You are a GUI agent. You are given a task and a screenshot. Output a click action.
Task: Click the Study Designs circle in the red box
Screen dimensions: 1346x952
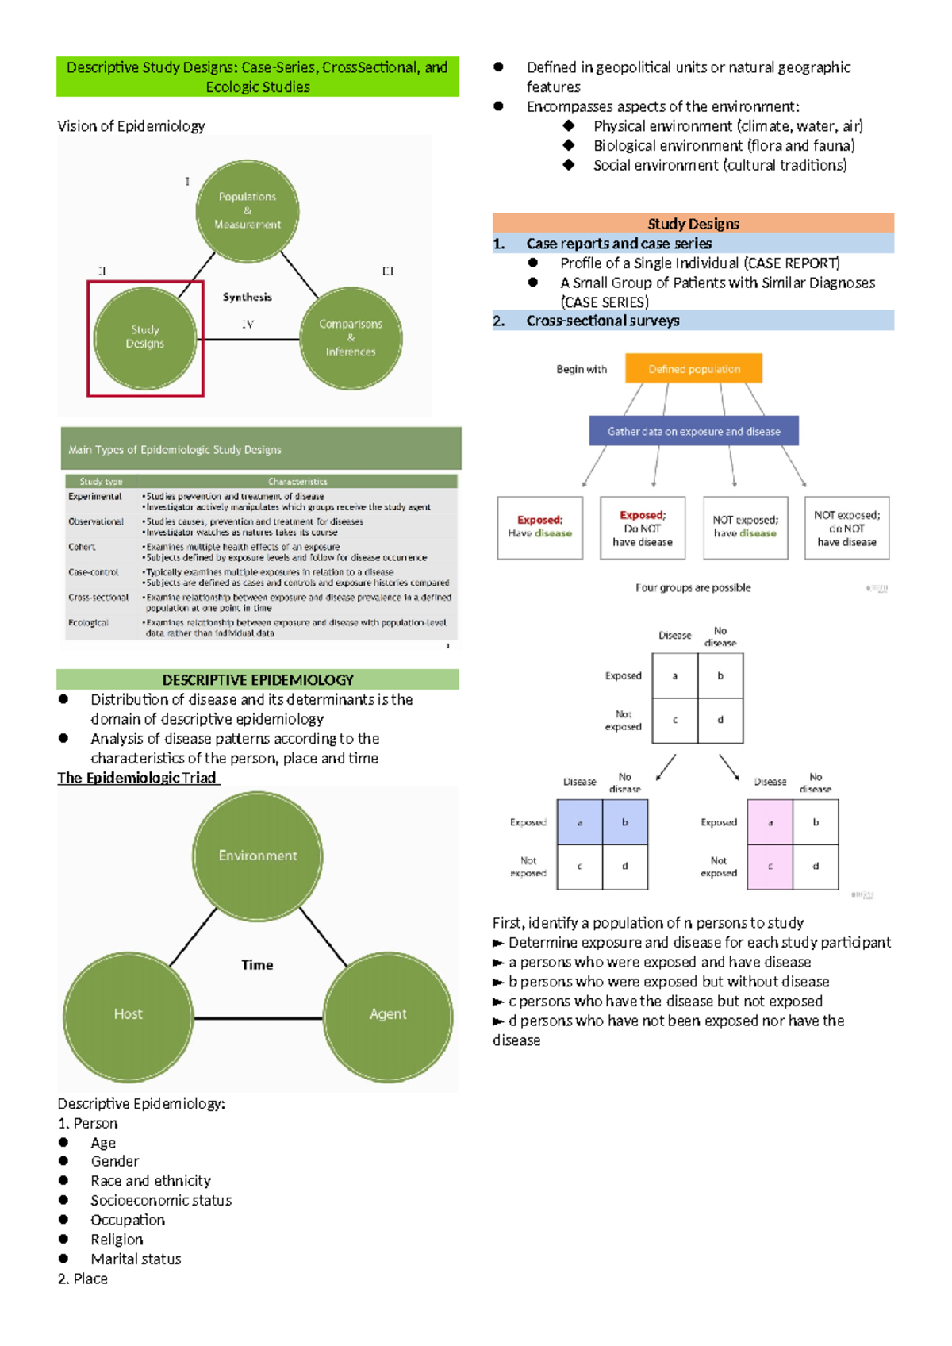[145, 337]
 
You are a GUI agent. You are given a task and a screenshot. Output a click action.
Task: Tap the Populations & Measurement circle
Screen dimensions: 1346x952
[248, 211]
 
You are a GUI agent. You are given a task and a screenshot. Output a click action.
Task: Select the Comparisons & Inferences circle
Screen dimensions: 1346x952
[351, 338]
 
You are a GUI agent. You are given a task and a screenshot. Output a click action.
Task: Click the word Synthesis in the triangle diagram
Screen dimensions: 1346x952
[247, 297]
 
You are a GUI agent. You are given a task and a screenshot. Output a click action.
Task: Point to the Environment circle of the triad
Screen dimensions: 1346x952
[258, 856]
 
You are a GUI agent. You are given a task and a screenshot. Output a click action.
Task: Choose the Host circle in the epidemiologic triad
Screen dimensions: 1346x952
[129, 1015]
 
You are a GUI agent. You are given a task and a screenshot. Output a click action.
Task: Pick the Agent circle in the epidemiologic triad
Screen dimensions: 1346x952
[388, 1015]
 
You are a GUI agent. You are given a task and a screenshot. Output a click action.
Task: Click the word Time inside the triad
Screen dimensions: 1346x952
[257, 965]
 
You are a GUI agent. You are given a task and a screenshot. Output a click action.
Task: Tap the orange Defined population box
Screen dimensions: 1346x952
[693, 369]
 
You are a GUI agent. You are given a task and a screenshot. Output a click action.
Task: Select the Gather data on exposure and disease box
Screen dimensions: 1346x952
[693, 431]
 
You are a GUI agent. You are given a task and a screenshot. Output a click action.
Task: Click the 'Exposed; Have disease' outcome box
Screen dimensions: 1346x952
[540, 528]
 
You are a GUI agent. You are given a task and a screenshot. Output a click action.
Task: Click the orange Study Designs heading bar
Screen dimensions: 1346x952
[693, 223]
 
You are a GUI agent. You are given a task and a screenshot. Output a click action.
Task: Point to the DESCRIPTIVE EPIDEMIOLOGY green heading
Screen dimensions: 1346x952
[258, 679]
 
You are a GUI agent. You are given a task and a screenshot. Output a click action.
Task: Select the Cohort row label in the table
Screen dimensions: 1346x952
[82, 547]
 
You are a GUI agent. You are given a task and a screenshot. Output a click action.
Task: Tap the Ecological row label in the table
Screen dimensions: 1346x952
[88, 623]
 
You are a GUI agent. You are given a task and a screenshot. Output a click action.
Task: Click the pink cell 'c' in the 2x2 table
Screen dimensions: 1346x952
[770, 867]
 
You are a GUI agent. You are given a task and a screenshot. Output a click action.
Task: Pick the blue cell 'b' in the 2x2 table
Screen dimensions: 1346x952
[625, 822]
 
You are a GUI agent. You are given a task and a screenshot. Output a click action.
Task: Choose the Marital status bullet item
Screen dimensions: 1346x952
[136, 1259]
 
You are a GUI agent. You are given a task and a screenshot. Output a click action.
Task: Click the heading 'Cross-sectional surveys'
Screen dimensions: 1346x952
[603, 321]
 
